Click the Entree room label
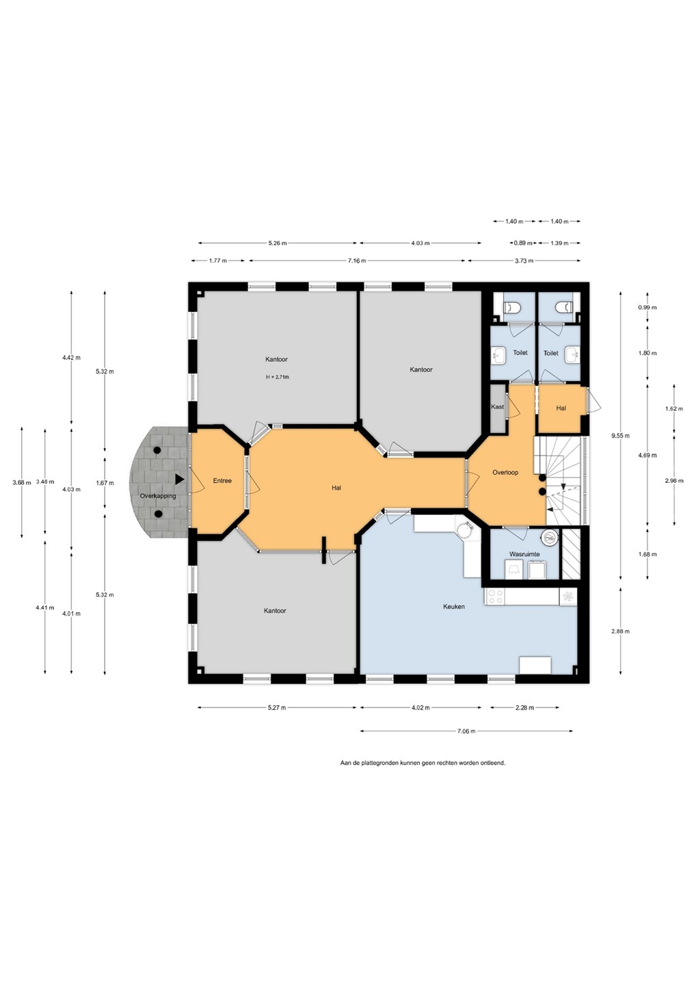coord(222,481)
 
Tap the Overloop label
coord(505,472)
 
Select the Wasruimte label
coord(524,553)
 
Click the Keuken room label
coord(453,606)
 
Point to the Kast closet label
coord(498,407)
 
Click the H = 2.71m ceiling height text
coord(278,377)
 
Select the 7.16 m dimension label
coord(356,261)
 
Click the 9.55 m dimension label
coord(620,436)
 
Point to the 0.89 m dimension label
coord(523,243)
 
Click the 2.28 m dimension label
coord(524,707)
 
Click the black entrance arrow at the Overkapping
coord(179,479)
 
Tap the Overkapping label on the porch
coord(158,495)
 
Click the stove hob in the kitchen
coord(495,596)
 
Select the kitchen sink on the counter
coord(568,596)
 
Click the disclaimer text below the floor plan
coord(423,763)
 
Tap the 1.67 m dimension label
coord(104,483)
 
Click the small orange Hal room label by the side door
coord(561,408)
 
